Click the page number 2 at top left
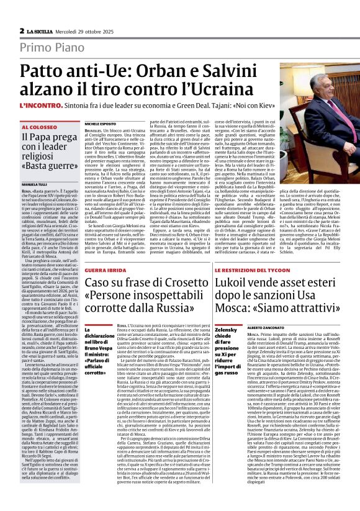coord(22,30)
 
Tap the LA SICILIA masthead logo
coord(42,30)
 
